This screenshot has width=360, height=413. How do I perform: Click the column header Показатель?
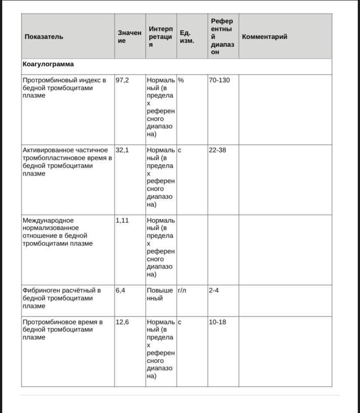click(x=44, y=36)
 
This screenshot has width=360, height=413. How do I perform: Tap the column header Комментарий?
click(x=264, y=36)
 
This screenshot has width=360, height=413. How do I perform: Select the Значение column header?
click(x=130, y=36)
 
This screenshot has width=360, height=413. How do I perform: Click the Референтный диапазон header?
click(x=222, y=36)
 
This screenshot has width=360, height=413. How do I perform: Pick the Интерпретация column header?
click(x=160, y=36)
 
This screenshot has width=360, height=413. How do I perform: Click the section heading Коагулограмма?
click(x=48, y=64)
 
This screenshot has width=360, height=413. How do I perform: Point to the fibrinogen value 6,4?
click(x=120, y=290)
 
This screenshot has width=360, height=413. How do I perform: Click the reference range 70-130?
click(x=219, y=80)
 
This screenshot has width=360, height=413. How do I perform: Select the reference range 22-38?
click(x=217, y=150)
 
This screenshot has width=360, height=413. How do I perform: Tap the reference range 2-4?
click(x=213, y=290)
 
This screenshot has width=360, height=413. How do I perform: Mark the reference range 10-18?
click(x=217, y=322)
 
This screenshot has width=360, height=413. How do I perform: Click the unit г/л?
click(x=182, y=290)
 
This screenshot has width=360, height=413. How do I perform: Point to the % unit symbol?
click(x=181, y=80)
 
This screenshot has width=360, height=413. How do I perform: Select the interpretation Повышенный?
click(x=160, y=294)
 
